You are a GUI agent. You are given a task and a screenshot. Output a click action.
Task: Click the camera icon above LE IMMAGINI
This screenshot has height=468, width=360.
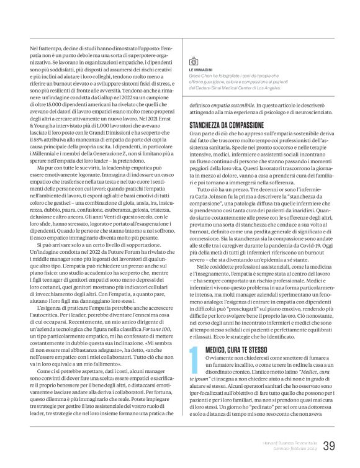click(x=193, y=61)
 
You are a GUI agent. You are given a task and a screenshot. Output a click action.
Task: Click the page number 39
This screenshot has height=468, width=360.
click(x=328, y=445)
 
